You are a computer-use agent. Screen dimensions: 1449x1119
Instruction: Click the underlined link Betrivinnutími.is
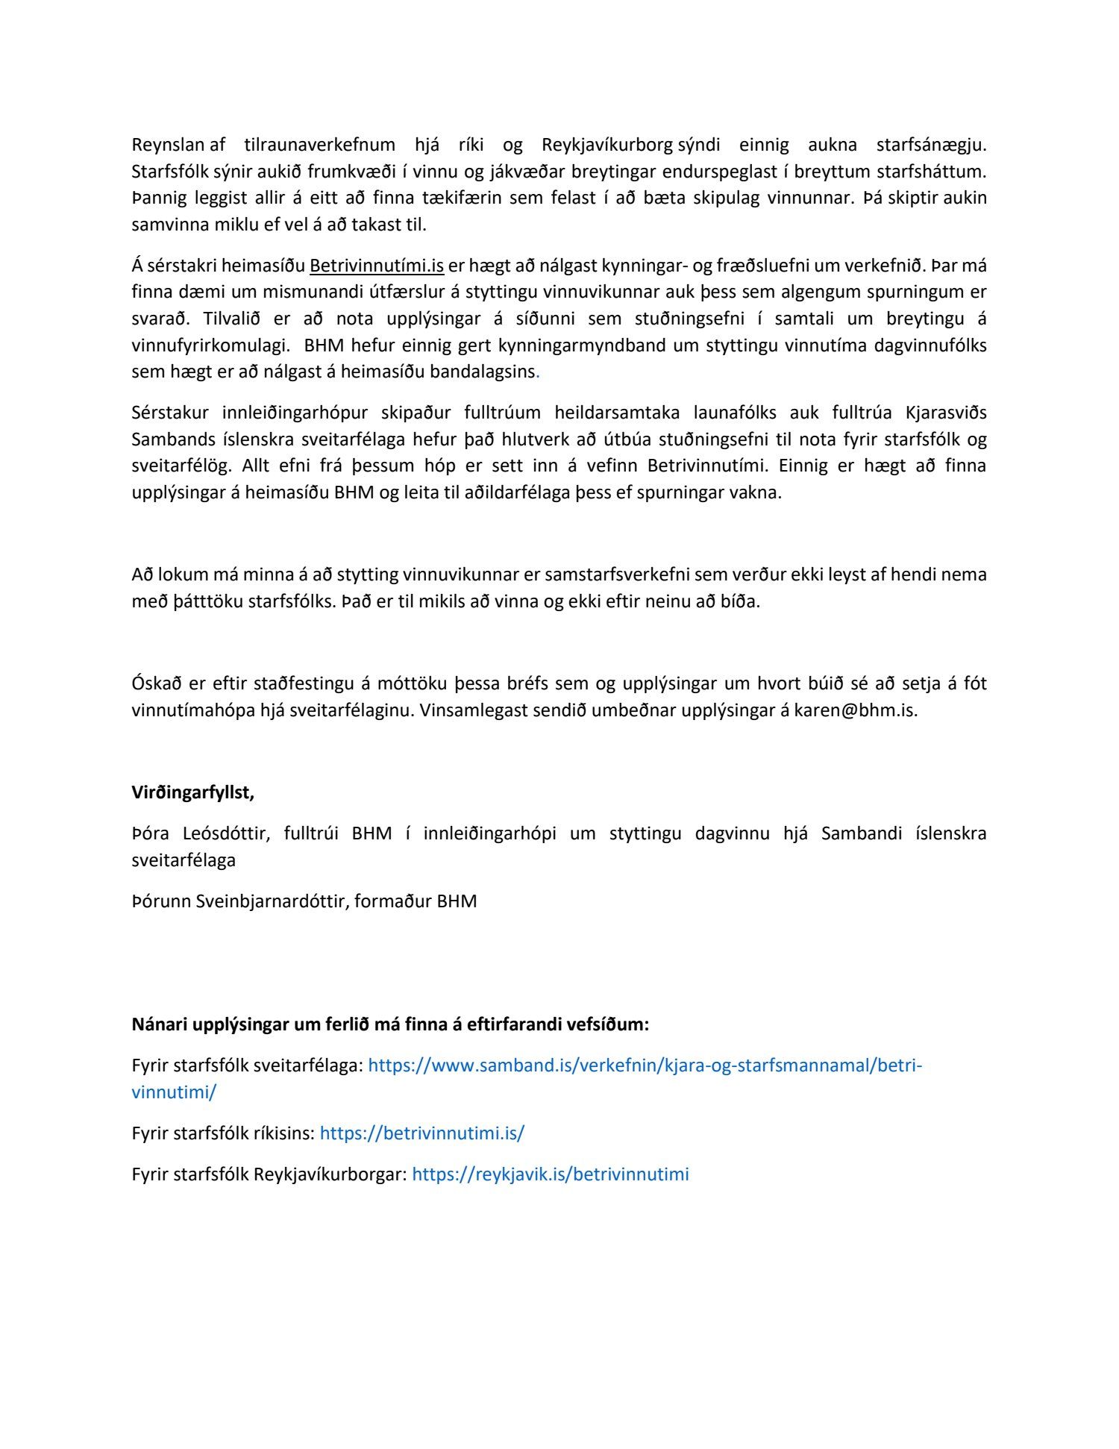coord(377,266)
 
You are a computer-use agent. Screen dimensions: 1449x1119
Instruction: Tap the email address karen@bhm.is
coord(855,710)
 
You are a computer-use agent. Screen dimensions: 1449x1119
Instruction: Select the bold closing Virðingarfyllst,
coord(192,792)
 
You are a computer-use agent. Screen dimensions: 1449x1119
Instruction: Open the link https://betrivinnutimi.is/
coord(421,1133)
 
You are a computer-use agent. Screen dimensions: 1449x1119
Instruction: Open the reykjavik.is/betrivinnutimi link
coord(550,1174)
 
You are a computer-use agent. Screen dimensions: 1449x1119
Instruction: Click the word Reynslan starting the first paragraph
coord(169,145)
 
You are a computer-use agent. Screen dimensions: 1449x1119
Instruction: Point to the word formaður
coord(392,901)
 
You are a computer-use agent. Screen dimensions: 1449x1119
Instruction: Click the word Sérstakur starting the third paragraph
coord(170,413)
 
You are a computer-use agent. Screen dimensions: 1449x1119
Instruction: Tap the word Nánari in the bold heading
coord(159,1024)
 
